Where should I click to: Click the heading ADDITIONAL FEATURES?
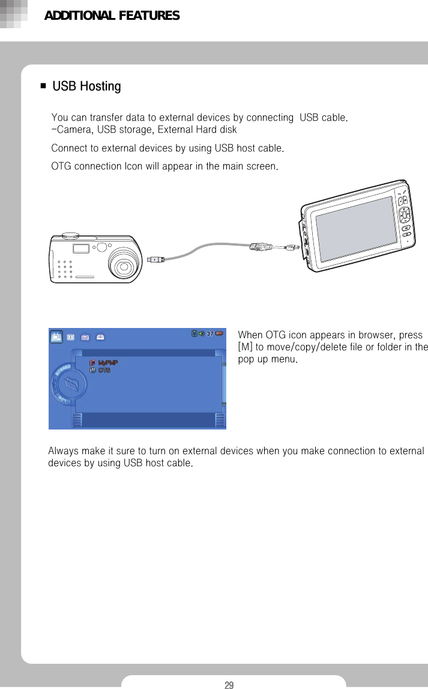[x=112, y=16]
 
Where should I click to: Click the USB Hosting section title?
[x=86, y=87]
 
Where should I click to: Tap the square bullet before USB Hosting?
[x=43, y=87]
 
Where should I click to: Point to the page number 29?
[x=229, y=685]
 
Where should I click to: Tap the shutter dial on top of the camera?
[x=70, y=233]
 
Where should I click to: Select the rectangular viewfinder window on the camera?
[x=81, y=249]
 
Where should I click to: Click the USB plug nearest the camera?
[x=155, y=260]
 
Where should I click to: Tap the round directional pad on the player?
[x=404, y=214]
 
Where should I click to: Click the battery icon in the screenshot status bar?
[x=219, y=334]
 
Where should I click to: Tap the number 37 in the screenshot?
[x=210, y=334]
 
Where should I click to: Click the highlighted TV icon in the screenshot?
[x=56, y=337]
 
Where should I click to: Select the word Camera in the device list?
[x=74, y=130]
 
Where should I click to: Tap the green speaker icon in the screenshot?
[x=201, y=334]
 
